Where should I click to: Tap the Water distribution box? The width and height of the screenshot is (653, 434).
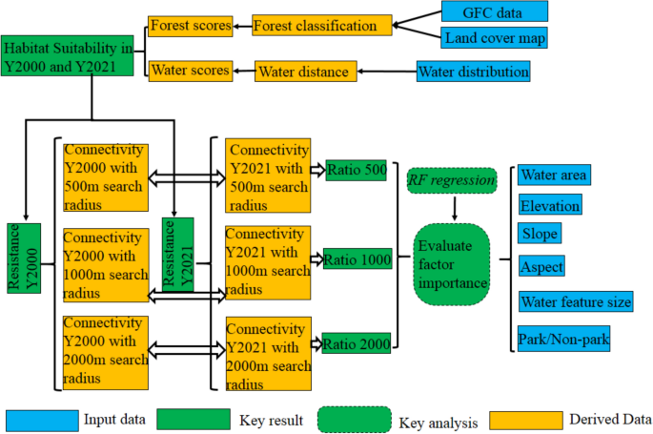(x=472, y=72)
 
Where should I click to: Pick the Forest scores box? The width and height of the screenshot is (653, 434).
(x=190, y=26)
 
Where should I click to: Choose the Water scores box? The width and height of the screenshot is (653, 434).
(x=190, y=71)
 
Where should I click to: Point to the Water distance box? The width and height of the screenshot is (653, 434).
(x=305, y=71)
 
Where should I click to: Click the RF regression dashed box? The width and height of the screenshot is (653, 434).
(x=451, y=178)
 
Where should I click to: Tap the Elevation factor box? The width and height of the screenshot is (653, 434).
(x=550, y=205)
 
